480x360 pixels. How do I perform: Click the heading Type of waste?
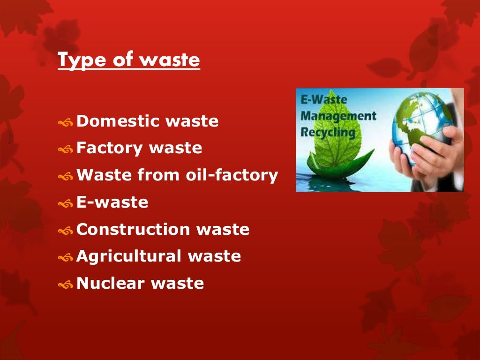(129, 61)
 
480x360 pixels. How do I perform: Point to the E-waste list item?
(112, 202)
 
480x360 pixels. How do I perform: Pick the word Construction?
(133, 229)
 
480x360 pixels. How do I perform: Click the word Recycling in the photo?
(328, 132)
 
